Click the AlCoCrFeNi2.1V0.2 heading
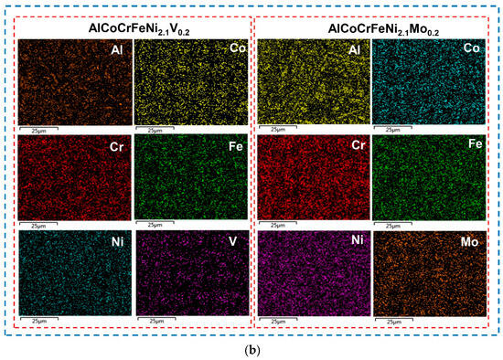pyautogui.click(x=133, y=29)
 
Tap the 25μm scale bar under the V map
pyautogui.click(x=159, y=321)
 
